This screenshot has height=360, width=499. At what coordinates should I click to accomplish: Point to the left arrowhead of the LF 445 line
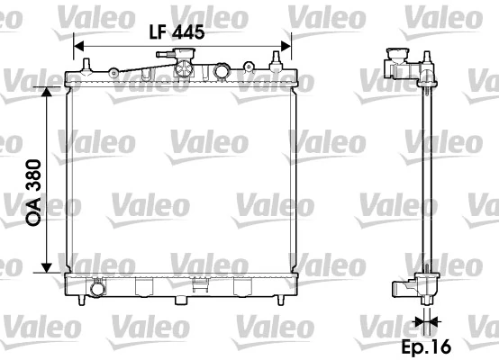pos(77,46)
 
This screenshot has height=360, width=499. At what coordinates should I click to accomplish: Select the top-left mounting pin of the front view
pos(86,64)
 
